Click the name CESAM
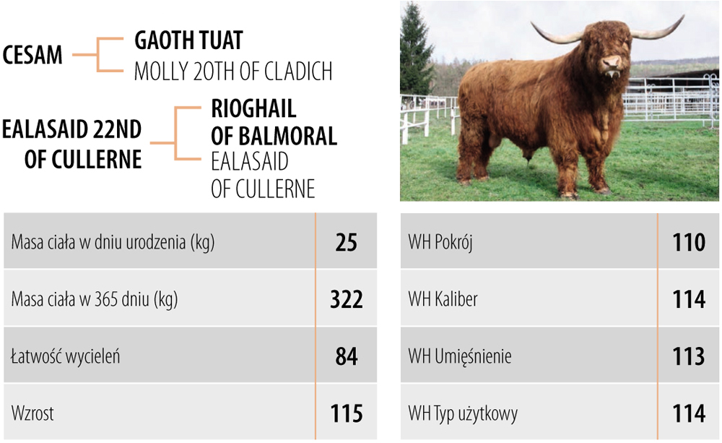click(32, 55)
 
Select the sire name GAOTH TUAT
click(188, 40)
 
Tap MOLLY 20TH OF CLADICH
click(233, 71)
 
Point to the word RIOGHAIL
click(253, 109)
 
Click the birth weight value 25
click(347, 243)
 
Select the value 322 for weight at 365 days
click(347, 299)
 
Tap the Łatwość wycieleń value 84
click(347, 356)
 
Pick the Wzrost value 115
click(347, 413)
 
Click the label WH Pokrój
click(440, 243)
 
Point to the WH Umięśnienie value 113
click(689, 356)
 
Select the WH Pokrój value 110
click(689, 243)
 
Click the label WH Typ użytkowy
click(463, 414)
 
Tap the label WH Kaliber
click(443, 299)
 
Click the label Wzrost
click(32, 413)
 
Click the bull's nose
click(612, 61)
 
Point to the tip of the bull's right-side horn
click(683, 15)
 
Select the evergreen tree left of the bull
click(415, 51)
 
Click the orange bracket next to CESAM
click(98, 55)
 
